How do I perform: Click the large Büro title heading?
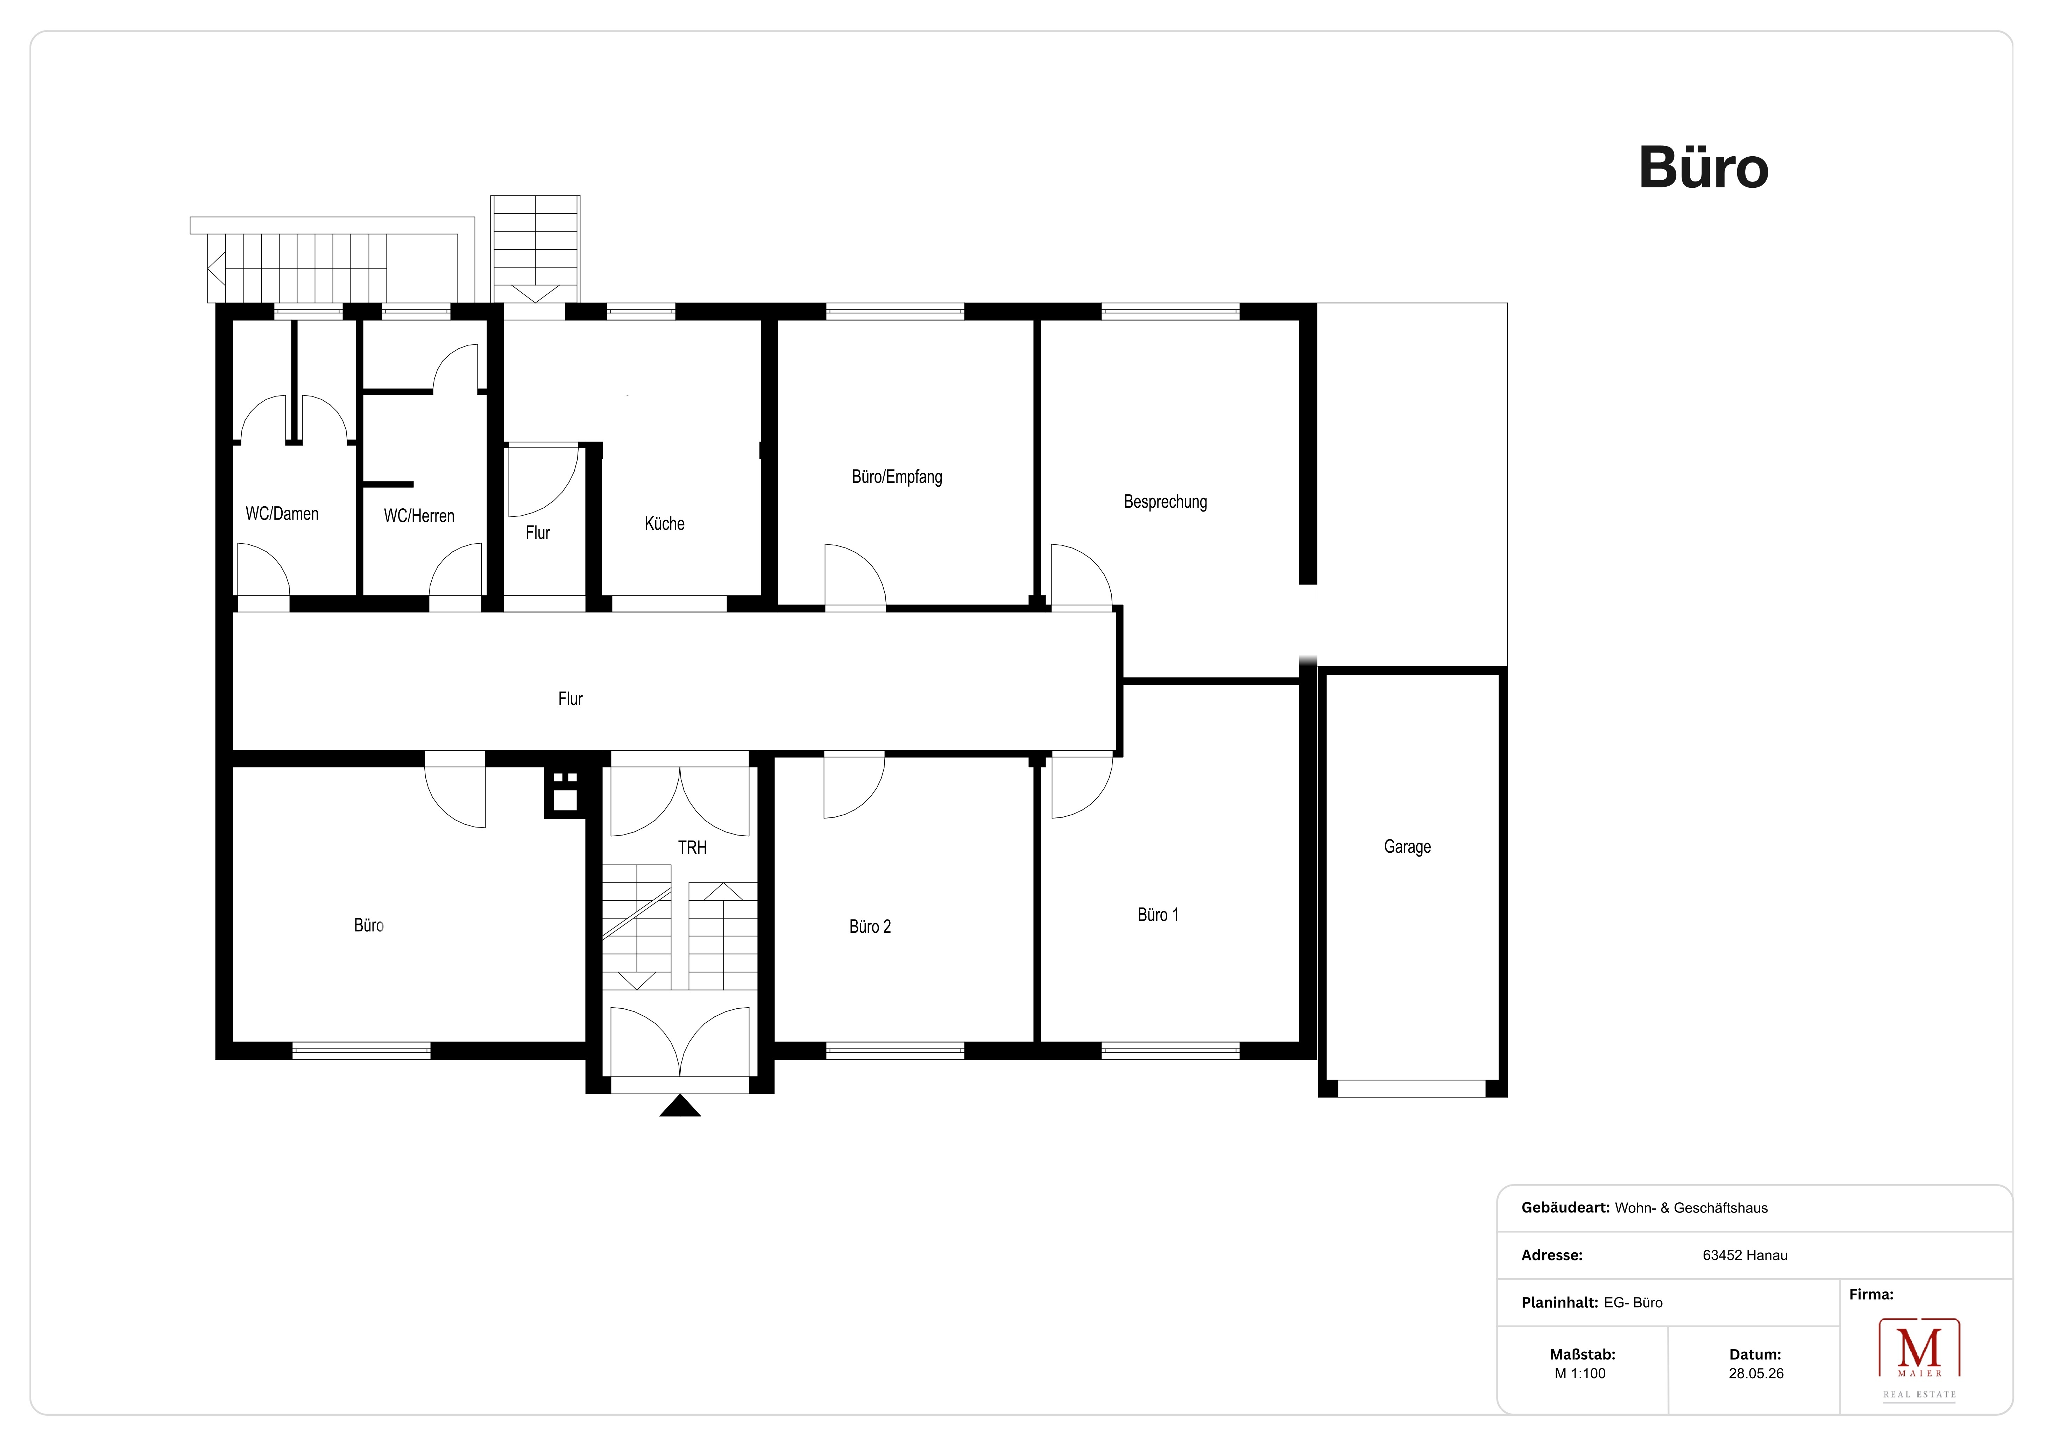point(1703,167)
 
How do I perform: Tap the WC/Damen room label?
point(282,514)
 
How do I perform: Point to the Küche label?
point(664,523)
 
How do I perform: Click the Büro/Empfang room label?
point(897,477)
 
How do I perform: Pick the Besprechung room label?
point(1165,502)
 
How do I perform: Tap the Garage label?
point(1407,847)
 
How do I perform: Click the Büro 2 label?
point(870,927)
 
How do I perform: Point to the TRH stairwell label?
point(692,847)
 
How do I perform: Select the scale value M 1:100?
point(1580,1374)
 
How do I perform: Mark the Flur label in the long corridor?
point(570,699)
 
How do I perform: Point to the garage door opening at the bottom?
point(1412,1089)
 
